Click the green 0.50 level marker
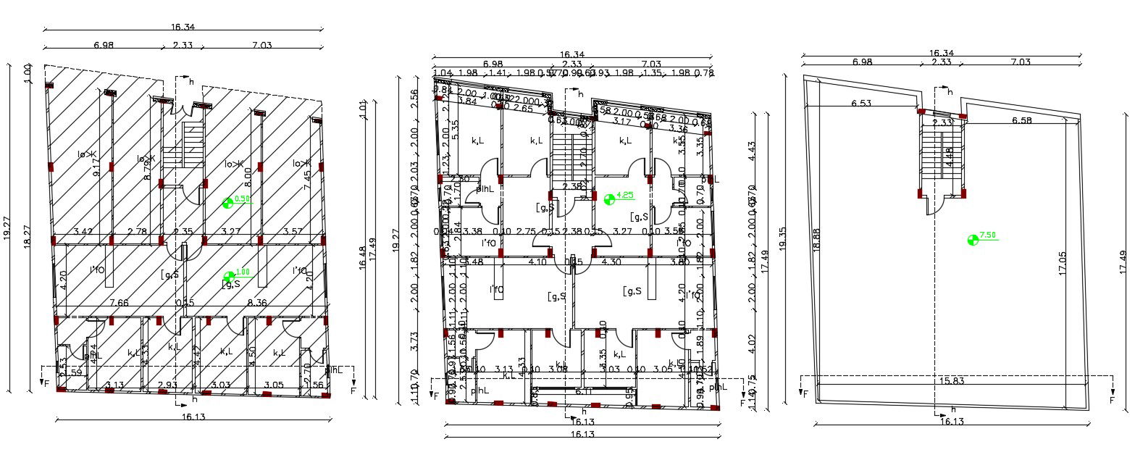tap(229, 203)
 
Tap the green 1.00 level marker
tap(230, 276)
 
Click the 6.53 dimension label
tap(860, 104)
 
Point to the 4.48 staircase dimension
tap(949, 158)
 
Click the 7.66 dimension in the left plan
tap(119, 303)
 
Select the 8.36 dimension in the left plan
tap(256, 303)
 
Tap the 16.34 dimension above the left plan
tap(183, 27)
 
